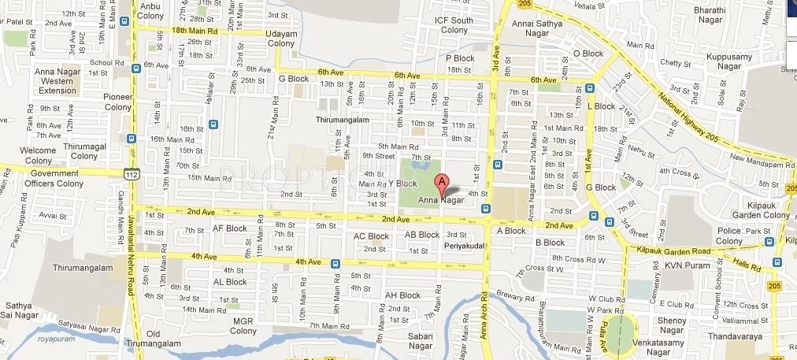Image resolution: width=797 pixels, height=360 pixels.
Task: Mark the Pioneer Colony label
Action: pos(117,102)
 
